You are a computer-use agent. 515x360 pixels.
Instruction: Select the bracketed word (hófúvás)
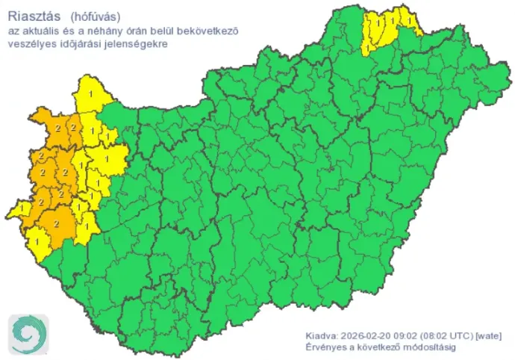(x=96, y=16)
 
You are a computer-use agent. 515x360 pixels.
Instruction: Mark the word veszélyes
(x=31, y=44)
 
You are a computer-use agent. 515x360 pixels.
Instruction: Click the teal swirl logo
(x=28, y=334)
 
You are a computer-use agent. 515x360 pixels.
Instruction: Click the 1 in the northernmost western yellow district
(x=91, y=93)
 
